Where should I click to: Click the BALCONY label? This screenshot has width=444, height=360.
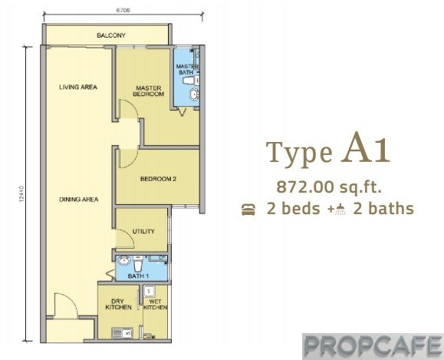(x=111, y=35)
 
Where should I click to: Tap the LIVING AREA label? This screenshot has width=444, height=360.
(x=78, y=87)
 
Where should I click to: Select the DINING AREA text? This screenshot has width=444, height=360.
(x=79, y=200)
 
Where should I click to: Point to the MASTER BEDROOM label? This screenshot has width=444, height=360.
(x=148, y=91)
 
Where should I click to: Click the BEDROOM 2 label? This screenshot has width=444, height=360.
(x=158, y=179)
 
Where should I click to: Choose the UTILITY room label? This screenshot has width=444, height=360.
(x=143, y=231)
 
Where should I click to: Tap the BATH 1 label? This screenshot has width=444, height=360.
(x=138, y=276)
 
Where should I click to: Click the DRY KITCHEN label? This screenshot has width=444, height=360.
(x=118, y=304)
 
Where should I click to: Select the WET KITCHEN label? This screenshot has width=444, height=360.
(x=155, y=305)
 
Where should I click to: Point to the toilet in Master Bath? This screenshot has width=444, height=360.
(x=190, y=81)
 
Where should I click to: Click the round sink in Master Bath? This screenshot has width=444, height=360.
(x=194, y=94)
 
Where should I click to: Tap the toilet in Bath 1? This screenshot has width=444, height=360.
(x=139, y=263)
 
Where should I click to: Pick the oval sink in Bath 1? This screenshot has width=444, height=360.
(x=124, y=260)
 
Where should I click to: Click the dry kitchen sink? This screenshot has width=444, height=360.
(x=123, y=333)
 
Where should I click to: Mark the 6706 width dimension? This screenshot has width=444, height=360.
(x=123, y=11)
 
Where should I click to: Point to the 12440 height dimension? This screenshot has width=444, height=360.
(x=21, y=194)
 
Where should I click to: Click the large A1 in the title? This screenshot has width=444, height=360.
(x=365, y=150)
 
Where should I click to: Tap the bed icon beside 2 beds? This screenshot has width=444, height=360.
(x=248, y=210)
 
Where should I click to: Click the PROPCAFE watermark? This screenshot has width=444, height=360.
(x=373, y=346)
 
